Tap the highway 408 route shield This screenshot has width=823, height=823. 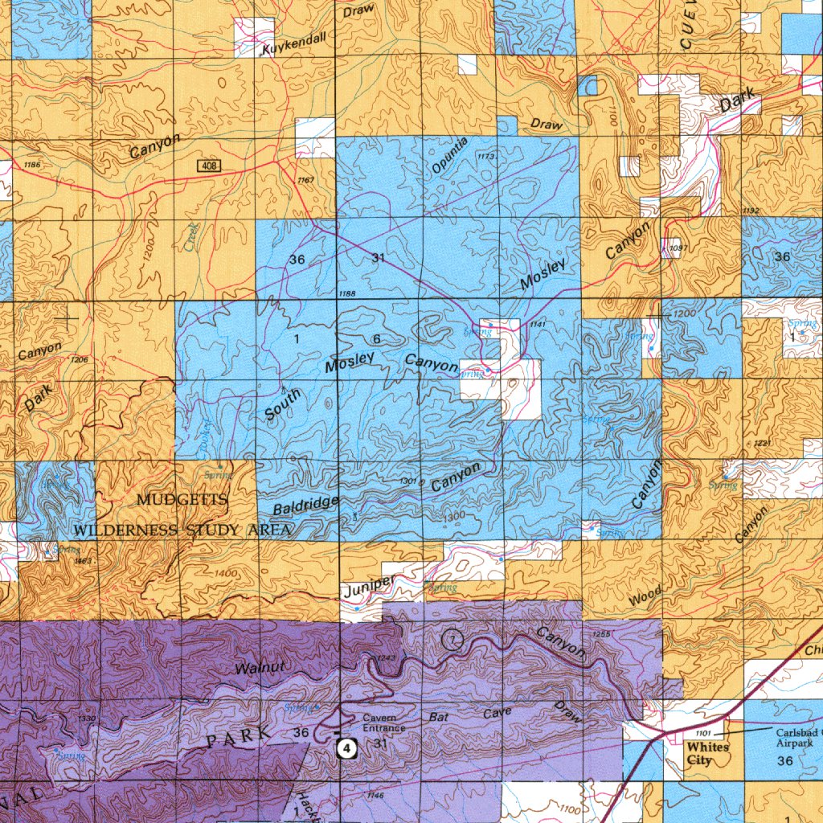tap(209, 166)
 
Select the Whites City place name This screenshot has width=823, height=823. tap(708, 753)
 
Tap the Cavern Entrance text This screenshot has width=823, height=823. tap(383, 723)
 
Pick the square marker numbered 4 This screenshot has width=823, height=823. tap(346, 748)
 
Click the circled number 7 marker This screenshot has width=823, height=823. tap(452, 640)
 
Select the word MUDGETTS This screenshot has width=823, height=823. tap(182, 501)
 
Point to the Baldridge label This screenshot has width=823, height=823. tap(305, 506)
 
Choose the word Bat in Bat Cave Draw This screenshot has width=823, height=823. tap(438, 715)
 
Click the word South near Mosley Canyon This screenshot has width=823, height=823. tap(283, 404)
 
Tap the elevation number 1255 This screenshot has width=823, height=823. tap(601, 635)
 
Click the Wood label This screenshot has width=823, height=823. tap(645, 596)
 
